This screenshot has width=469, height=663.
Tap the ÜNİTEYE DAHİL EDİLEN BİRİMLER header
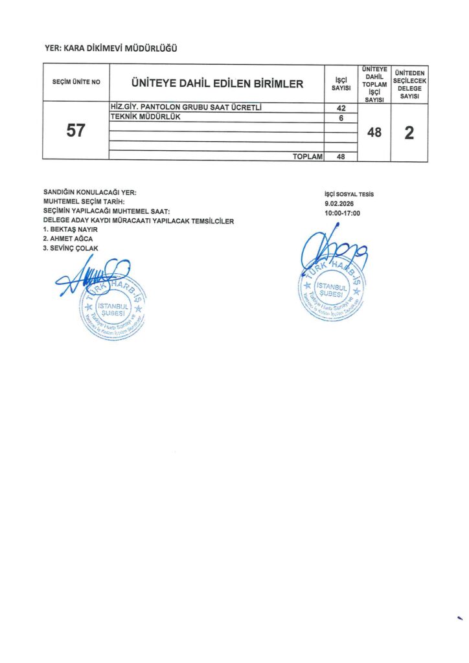217,83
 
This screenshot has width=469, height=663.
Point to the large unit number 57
76,131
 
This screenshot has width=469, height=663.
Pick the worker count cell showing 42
341,108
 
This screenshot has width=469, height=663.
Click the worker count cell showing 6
341,118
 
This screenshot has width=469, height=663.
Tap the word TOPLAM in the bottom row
308,156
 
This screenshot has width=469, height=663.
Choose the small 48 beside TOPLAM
341,156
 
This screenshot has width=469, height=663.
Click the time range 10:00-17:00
343,212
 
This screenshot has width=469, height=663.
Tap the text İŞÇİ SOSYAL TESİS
349,194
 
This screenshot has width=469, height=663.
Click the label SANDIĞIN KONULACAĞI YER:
89,192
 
